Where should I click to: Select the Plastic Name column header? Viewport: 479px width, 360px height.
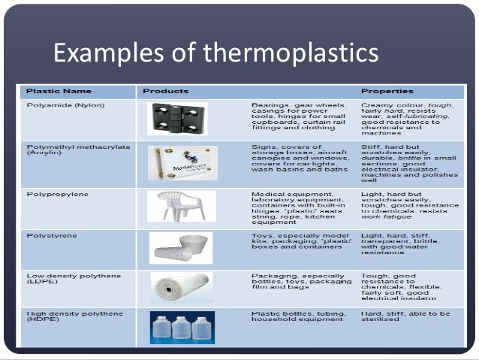[59, 91]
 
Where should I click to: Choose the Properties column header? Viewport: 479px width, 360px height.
[387, 91]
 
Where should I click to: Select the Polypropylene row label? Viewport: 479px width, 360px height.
[57, 194]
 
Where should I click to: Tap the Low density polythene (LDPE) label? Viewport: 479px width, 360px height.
[68, 280]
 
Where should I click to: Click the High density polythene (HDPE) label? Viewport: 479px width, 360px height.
[69, 316]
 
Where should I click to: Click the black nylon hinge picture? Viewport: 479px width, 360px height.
[177, 119]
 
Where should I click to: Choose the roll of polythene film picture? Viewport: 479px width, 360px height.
[180, 289]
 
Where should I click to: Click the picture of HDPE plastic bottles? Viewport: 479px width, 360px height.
[181, 328]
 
